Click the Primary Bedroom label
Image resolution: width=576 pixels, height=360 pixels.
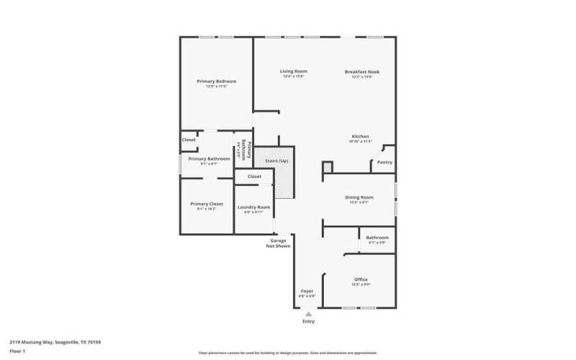[216, 81]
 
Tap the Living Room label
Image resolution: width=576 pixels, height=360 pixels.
[294, 71]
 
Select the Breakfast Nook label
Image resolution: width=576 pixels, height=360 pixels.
[362, 71]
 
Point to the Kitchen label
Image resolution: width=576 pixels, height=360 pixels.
[360, 137]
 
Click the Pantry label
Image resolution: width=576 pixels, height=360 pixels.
[384, 163]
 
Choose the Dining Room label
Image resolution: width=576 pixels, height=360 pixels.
[359, 197]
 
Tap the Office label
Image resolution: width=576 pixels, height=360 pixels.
[361, 279]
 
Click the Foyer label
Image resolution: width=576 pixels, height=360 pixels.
[307, 291]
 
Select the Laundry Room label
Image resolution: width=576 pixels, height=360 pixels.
[253, 207]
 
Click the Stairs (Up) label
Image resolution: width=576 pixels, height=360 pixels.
[276, 161]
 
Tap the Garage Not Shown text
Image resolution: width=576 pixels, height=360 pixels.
[278, 243]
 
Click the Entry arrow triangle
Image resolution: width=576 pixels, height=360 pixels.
[308, 314]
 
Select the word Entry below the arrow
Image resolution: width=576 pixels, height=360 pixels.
[308, 322]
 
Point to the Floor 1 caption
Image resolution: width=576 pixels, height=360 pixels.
[17, 351]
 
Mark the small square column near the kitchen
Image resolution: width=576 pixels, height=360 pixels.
[328, 167]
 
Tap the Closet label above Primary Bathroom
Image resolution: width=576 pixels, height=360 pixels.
[189, 140]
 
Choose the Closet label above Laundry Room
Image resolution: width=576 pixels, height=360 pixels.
[254, 176]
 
